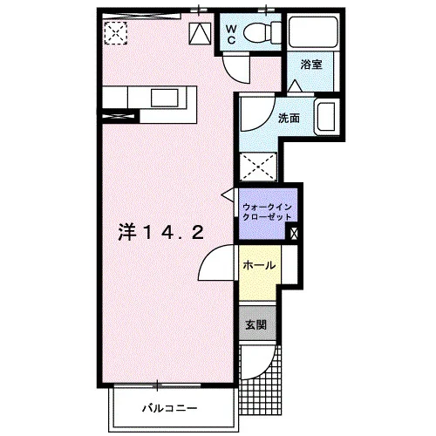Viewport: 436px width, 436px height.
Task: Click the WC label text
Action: point(231,34)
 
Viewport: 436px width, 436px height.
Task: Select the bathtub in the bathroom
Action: point(313,31)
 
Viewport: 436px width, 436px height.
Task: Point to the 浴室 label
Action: point(311,65)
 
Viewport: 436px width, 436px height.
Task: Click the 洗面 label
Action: point(289,118)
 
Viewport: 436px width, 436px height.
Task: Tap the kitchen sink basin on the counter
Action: point(164,98)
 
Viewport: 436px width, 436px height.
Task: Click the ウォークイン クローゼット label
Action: point(267,212)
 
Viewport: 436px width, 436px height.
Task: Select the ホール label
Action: point(259,265)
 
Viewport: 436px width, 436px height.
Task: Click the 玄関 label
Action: point(256,324)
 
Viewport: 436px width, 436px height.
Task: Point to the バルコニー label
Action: point(170,408)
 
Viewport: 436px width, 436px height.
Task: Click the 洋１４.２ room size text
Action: point(160,232)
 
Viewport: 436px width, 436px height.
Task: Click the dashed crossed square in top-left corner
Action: point(116,33)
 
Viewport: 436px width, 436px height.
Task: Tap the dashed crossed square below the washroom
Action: point(258,167)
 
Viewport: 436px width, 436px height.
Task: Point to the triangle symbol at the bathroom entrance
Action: point(296,85)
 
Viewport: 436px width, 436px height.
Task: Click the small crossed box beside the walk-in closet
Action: point(294,233)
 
